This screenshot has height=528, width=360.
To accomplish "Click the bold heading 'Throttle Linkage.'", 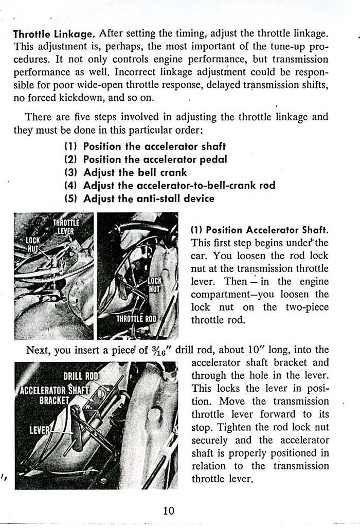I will (x=54, y=34).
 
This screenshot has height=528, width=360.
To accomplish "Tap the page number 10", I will (x=169, y=511).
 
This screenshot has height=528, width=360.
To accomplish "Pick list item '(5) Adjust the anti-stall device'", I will (x=139, y=198).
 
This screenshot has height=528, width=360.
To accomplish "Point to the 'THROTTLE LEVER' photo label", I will (x=66, y=227).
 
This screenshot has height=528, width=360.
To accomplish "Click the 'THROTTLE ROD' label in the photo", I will (x=136, y=319).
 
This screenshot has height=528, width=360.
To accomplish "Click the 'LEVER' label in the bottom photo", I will (x=39, y=430).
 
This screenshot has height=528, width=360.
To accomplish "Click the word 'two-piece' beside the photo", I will (x=304, y=307).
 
